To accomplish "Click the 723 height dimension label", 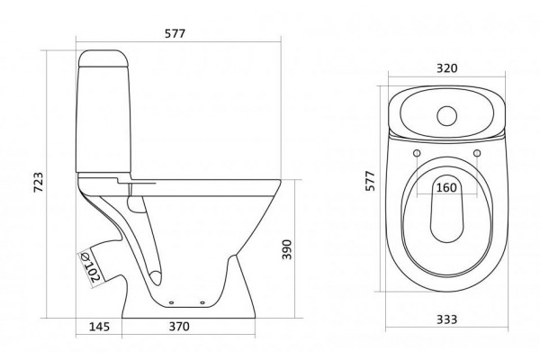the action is coord(39,182).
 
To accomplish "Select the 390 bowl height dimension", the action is coord(286,249).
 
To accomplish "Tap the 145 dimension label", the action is coord(99,326).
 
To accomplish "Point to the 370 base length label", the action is coord(179,326).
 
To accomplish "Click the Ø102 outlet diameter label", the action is coord(90,267).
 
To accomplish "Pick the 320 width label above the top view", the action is coord(447,68).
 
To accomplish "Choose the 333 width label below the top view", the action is coord(447,319).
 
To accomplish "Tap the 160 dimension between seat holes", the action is coord(446,188).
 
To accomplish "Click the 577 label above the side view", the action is coord(175,33).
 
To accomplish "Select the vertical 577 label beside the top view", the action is coord(370,181).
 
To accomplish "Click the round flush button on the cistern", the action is coord(447,116).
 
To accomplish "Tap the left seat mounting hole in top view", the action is coord(417,153).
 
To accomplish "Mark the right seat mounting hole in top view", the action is coord(477,153).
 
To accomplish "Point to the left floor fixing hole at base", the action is coord(172,302).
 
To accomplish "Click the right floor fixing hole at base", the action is coord(202,302).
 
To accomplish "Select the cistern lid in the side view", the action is coord(103,58).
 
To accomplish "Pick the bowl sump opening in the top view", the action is coord(446,209).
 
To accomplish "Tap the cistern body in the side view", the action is coord(103,119).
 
